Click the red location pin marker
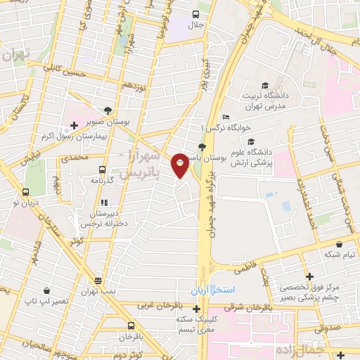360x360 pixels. pyautogui.click(x=181, y=165)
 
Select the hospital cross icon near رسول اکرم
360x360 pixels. pyautogui.click(x=74, y=126)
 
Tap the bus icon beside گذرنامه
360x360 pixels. pyautogui.click(x=103, y=169)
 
